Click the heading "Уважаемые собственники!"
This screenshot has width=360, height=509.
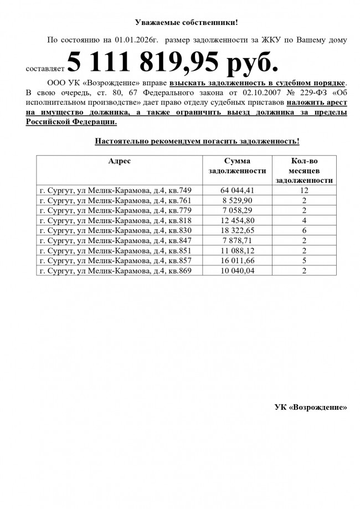pos(186,23)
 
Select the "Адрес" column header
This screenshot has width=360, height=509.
pos(120,161)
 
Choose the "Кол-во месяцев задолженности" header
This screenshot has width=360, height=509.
pos(304,170)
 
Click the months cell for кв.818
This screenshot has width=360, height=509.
pos(304,220)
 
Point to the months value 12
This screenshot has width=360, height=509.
pos(304,191)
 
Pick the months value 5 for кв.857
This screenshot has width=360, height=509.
pos(304,260)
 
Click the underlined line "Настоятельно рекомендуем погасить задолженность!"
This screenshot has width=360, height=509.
pos(197,141)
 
